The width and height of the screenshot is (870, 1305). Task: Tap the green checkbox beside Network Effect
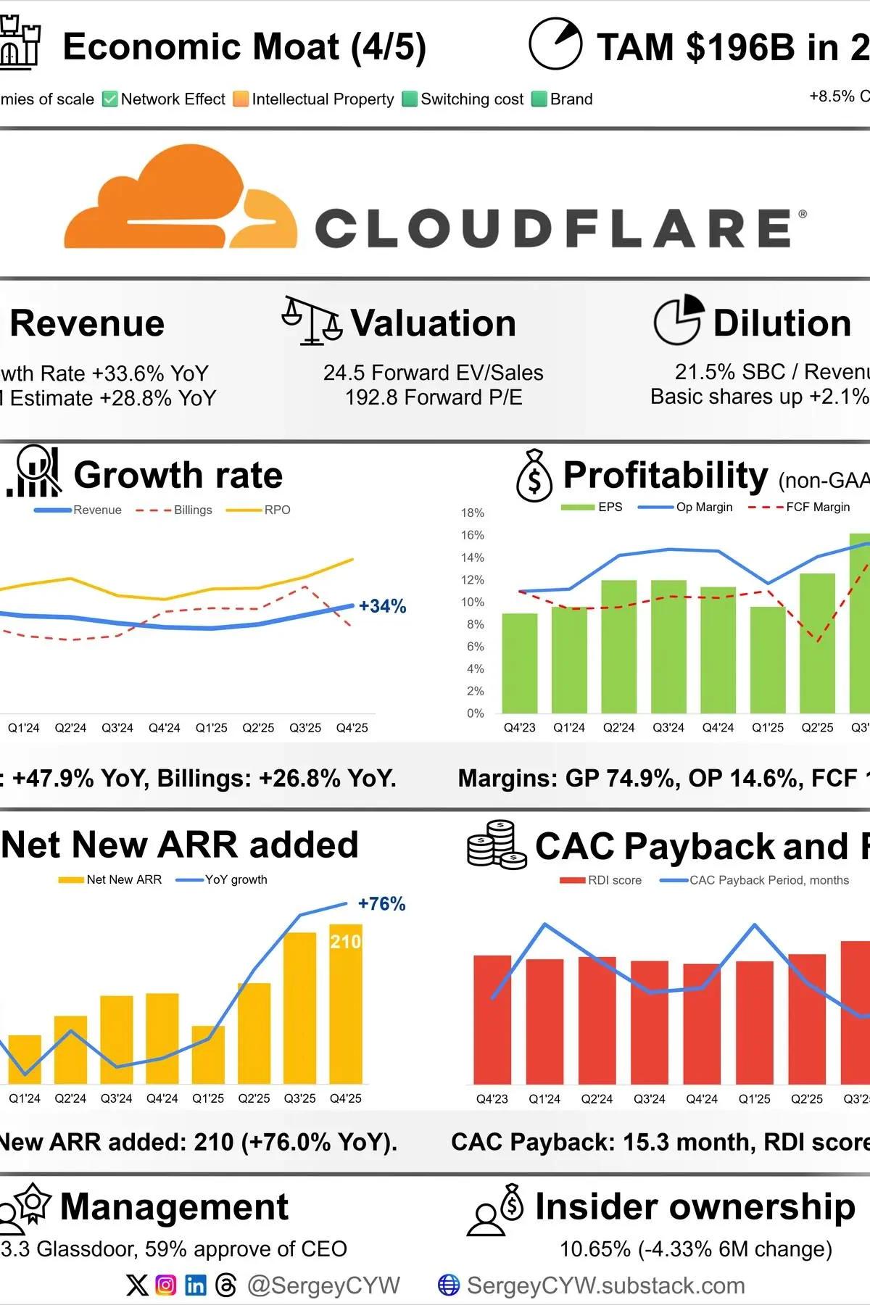coord(110,99)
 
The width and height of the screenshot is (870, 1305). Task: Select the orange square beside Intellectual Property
coord(241,99)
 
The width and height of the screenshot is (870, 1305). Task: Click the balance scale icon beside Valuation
coord(312,320)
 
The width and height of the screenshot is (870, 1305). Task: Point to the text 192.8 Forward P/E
coord(434,397)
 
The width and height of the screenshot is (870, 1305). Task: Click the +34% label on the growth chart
coord(382,606)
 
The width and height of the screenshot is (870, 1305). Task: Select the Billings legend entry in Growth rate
coord(174,510)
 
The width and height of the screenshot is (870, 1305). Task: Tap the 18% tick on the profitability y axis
coord(472,513)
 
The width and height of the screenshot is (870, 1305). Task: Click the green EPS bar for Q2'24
coord(618,645)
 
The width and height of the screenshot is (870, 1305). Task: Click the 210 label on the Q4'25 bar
coord(345,942)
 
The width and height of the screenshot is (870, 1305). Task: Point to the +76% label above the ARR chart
coord(381,904)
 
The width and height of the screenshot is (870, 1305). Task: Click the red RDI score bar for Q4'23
coord(492,1019)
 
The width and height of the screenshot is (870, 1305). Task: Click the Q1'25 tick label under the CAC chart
coord(754,1099)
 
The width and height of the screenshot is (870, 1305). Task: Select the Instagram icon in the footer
coord(166,1285)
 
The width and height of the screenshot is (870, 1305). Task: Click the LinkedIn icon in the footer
coord(196,1285)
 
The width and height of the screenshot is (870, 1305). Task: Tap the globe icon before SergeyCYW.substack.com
coord(449,1285)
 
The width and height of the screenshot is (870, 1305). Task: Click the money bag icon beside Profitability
coord(534,476)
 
